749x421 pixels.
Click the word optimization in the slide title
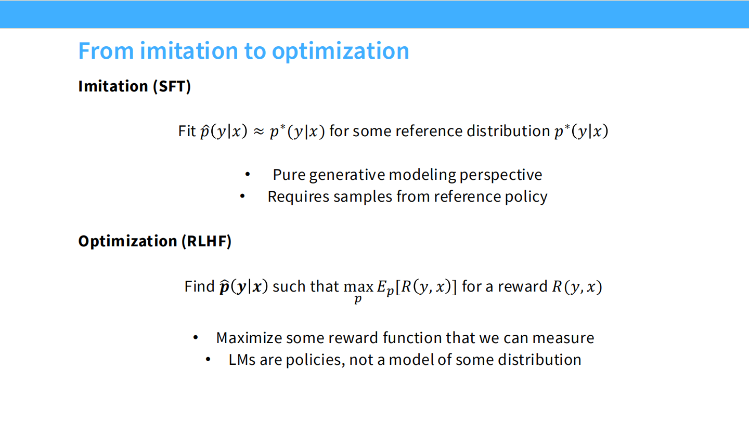(x=340, y=51)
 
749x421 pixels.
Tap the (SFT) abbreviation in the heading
(x=172, y=86)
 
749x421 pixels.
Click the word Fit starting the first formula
(x=187, y=131)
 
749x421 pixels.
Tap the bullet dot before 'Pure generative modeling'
(x=248, y=175)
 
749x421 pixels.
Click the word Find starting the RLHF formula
(x=199, y=286)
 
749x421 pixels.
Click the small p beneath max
(x=358, y=300)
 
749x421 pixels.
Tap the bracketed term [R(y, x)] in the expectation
(x=426, y=287)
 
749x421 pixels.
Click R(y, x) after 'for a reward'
(x=576, y=287)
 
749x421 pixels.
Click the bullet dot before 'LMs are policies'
(x=209, y=360)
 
